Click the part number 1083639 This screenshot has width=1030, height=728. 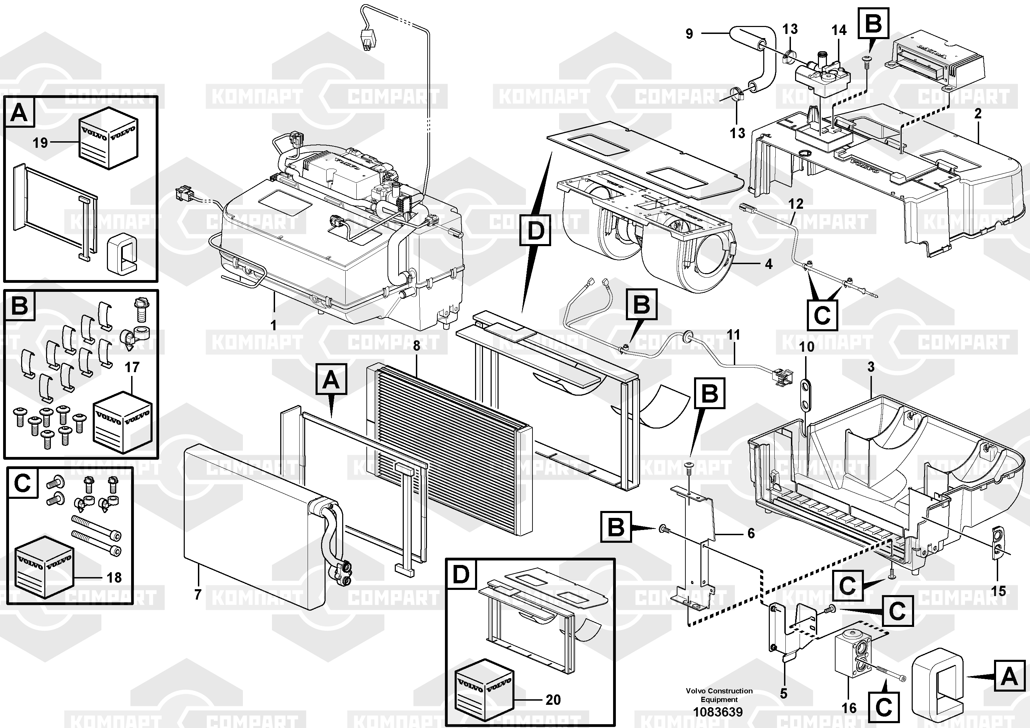coord(718,712)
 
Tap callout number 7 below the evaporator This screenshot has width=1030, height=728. coord(198,594)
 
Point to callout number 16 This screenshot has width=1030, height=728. coord(849,708)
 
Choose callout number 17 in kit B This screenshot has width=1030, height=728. coord(132,367)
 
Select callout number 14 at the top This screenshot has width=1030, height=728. coord(838,30)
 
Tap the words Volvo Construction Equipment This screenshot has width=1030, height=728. coord(719,695)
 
